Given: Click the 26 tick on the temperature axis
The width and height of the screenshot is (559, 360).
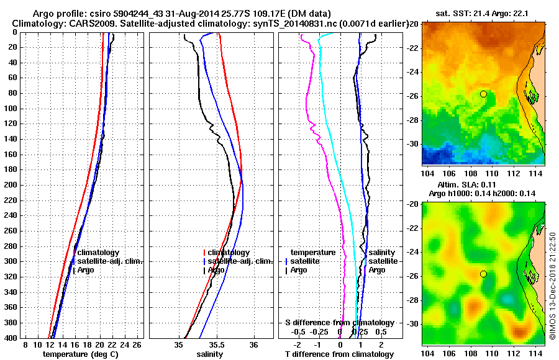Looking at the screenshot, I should click(137, 344).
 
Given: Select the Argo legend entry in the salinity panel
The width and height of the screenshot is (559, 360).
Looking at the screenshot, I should click(216, 270).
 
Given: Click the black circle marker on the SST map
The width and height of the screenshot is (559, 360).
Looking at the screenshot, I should click(483, 94).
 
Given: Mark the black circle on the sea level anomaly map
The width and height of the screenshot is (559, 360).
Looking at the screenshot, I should click(483, 274).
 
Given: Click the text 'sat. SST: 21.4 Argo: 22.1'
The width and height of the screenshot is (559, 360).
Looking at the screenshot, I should click(483, 13).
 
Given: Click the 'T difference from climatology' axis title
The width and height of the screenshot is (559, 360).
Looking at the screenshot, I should click(339, 354).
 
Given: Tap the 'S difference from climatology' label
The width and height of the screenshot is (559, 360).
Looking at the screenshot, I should click(339, 323).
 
